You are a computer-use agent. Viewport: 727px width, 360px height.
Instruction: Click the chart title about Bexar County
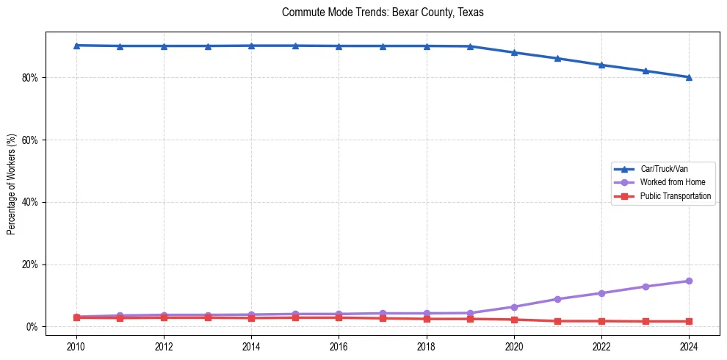click(383, 12)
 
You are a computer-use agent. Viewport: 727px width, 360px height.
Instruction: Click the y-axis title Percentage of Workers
click(11, 184)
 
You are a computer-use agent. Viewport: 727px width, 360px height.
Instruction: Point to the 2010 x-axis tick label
click(76, 347)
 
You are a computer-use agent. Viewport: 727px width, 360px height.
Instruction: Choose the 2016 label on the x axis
click(339, 347)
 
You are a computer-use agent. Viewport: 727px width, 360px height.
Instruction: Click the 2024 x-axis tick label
click(689, 347)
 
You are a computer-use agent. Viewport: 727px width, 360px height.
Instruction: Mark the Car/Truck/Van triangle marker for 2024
click(689, 77)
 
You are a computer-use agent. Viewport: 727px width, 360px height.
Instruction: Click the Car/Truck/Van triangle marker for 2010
click(76, 46)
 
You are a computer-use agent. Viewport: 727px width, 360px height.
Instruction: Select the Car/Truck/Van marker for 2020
click(514, 52)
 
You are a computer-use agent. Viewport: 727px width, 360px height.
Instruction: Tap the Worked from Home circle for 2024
click(689, 281)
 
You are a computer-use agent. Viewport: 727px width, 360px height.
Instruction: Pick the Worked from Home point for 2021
click(557, 299)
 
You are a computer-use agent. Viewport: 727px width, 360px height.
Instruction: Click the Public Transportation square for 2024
click(689, 321)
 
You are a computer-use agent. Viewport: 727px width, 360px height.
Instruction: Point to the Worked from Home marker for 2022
click(601, 293)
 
